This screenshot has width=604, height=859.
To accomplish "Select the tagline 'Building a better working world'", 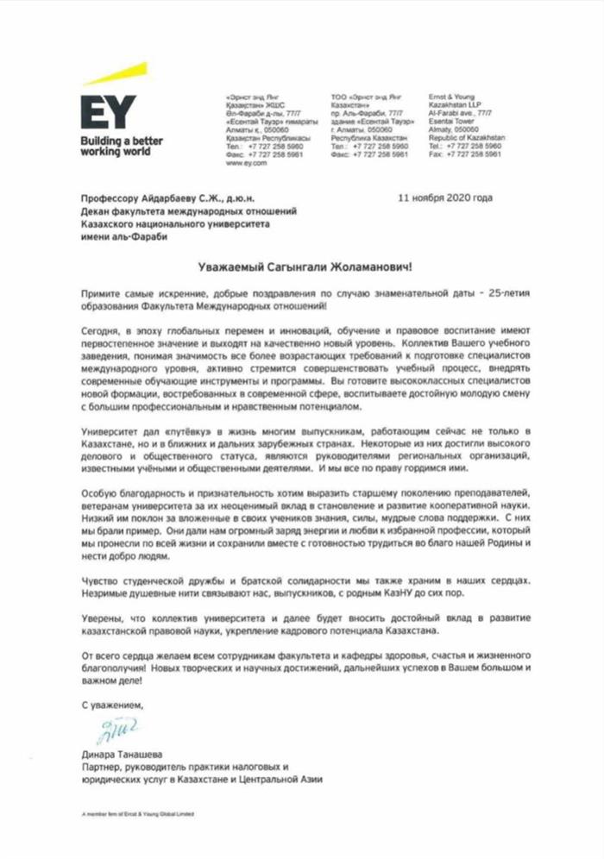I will pos(121,146).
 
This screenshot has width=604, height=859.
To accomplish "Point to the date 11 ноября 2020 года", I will pos(445,198).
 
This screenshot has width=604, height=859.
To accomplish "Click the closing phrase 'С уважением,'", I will pos(112,705).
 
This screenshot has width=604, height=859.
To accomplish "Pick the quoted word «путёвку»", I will pos(174,429).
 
